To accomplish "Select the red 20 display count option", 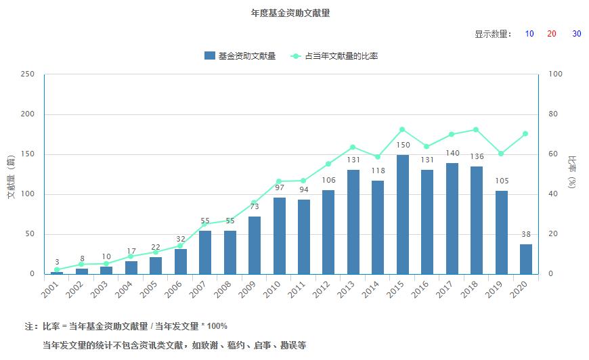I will pyautogui.click(x=552, y=35).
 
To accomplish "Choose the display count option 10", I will pyautogui.click(x=529, y=35).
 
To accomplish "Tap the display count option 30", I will pyautogui.click(x=576, y=35).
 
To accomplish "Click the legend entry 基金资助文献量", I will pyautogui.click(x=240, y=56).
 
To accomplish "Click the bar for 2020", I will pyautogui.click(x=526, y=259).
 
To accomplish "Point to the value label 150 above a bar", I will pyautogui.click(x=403, y=145).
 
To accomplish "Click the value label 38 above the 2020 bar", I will pyautogui.click(x=526, y=235).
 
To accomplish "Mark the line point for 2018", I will pyautogui.click(x=476, y=129).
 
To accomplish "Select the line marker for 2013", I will pyautogui.click(x=353, y=148).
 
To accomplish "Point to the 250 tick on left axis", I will pyautogui.click(x=28, y=74).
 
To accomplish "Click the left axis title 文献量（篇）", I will pyautogui.click(x=11, y=174).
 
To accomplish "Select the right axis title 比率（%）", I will pyautogui.click(x=573, y=174).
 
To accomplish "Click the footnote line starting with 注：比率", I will pyautogui.click(x=126, y=326).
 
